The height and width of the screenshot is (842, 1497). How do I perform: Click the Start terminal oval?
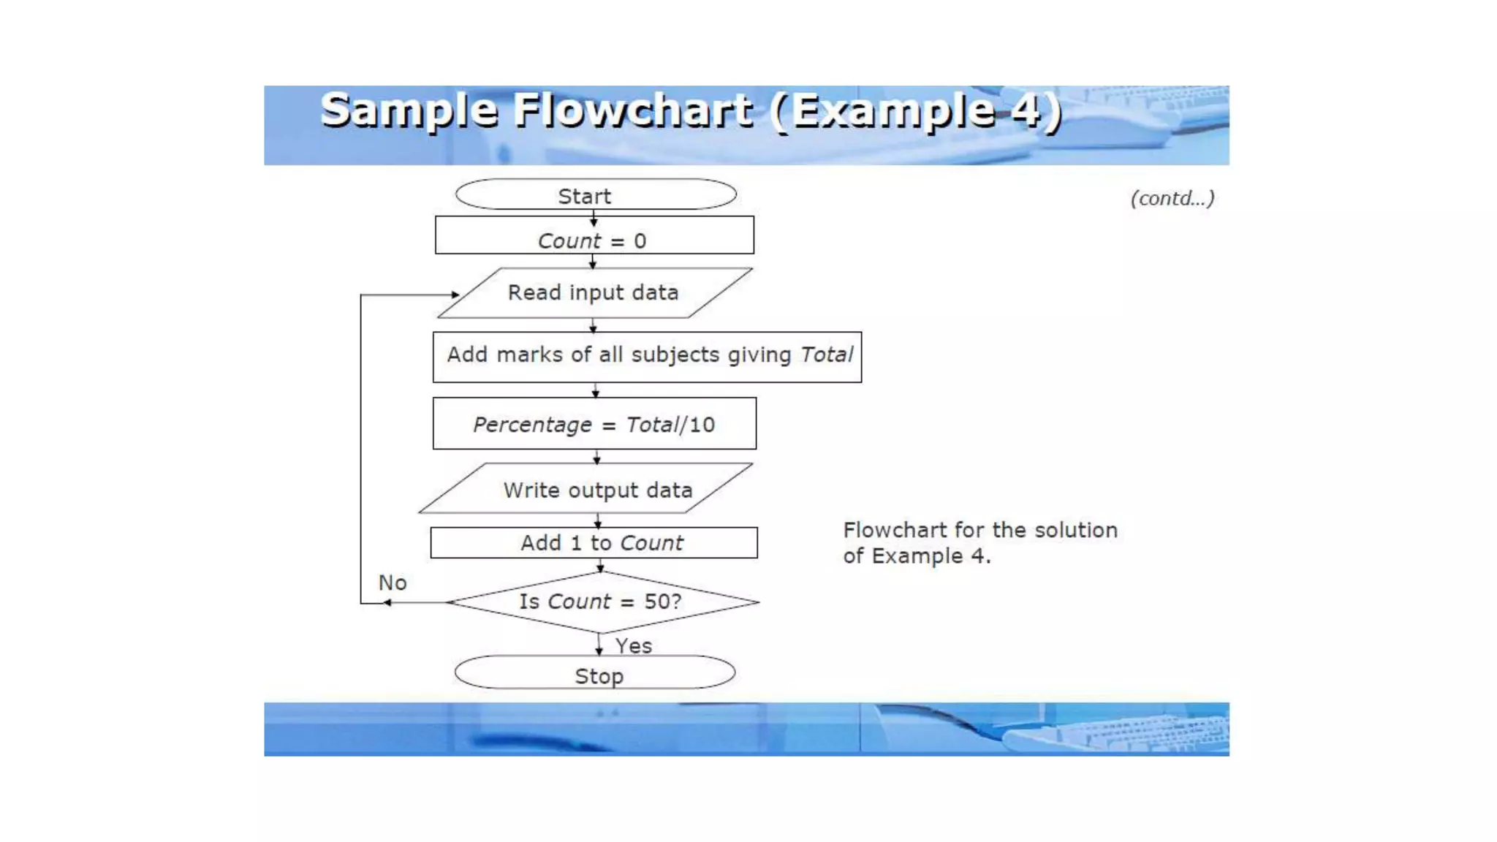coord(595,195)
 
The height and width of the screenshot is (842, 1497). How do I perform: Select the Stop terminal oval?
coord(595,673)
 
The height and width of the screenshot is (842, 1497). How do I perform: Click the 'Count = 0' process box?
coord(594,236)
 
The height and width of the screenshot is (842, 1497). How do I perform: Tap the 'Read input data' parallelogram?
coord(594,293)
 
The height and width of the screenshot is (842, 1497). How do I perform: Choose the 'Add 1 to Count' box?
coord(594,543)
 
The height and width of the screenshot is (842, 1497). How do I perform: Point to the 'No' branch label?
coord(393,583)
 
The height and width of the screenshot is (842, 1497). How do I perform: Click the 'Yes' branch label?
coord(633,646)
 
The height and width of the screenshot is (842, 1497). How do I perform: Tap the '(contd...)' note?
coord(1172,198)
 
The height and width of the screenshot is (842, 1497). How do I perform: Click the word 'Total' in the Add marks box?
coord(826,354)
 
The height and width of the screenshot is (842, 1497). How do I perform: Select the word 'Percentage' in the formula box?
coord(532,425)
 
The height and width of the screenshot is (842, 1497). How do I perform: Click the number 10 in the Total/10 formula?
coord(702,425)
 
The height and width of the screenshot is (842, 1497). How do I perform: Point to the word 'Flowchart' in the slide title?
coord(633,110)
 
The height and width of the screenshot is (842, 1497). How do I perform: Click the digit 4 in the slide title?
coord(1026,110)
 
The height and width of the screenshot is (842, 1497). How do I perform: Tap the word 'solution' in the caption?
coord(1076,530)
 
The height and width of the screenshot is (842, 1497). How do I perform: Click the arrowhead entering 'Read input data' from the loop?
coord(455,295)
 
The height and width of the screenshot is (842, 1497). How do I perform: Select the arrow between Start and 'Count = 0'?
coord(594,216)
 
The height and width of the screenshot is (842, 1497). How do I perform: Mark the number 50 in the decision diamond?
coord(656,602)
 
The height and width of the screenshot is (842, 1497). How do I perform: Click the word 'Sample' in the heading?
coord(409,110)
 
